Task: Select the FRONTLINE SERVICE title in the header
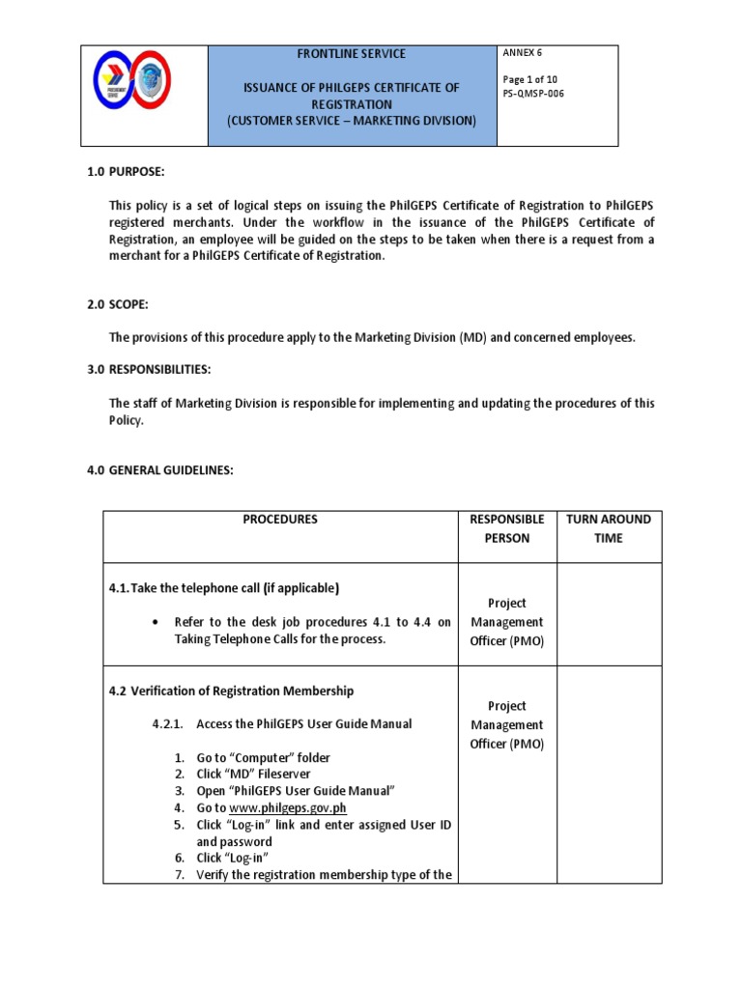tap(351, 54)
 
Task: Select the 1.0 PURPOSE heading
tap(127, 171)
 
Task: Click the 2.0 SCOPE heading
tap(118, 305)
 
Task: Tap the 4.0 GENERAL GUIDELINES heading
tap(160, 470)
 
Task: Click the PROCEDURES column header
tap(280, 520)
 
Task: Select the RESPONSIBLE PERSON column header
tap(507, 528)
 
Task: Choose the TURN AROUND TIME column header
tap(609, 528)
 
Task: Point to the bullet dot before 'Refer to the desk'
tap(155, 623)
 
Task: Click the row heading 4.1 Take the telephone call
tap(224, 588)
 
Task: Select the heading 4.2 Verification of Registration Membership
tap(231, 691)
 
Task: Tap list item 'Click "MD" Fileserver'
tap(255, 775)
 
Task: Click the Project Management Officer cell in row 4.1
tap(507, 622)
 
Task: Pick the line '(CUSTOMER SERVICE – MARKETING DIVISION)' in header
tap(352, 121)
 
